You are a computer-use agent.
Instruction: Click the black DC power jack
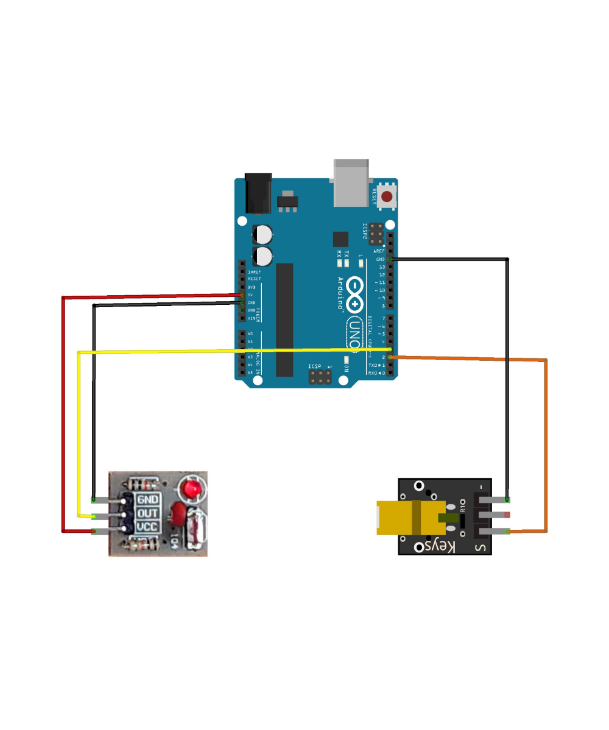coord(258,193)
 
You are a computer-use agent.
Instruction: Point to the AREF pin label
coord(379,251)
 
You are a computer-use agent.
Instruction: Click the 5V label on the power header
coord(251,295)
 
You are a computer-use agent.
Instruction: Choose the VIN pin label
coord(251,318)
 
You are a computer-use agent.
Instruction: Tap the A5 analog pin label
coord(250,372)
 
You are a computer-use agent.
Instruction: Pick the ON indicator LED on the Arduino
coord(345,358)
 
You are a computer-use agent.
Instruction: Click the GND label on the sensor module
coord(147,499)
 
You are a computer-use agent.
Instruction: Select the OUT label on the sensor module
coord(147,513)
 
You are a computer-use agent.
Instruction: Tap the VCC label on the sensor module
coord(147,527)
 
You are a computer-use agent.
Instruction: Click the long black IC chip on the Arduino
coord(284,319)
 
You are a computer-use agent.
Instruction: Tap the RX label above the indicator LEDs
coord(339,253)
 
